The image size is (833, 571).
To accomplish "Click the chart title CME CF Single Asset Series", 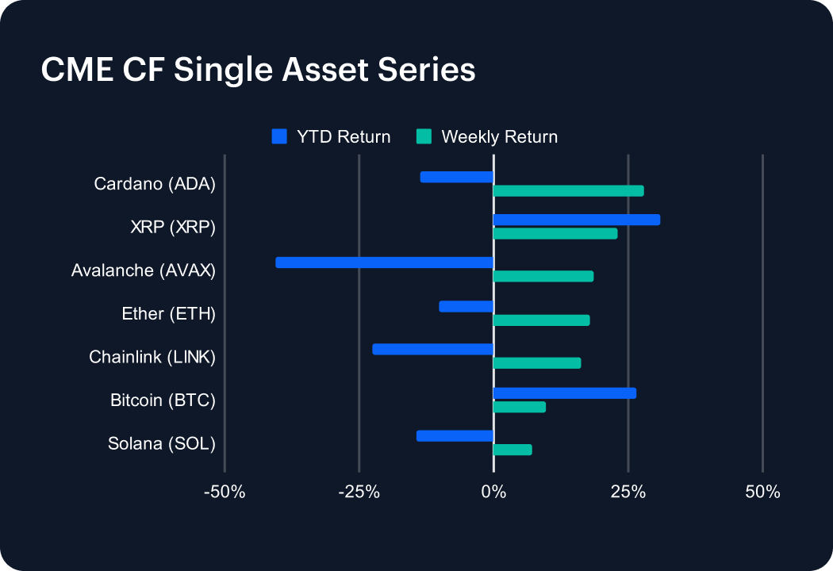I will click(x=258, y=70).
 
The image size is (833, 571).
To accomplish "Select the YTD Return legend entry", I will click(x=332, y=136).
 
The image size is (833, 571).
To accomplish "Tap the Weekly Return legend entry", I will click(x=488, y=136).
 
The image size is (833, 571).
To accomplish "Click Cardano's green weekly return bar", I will click(x=568, y=191).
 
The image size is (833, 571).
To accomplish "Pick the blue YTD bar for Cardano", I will click(x=457, y=177).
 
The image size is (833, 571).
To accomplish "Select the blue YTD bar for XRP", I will click(x=576, y=220).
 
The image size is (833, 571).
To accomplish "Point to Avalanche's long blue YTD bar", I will click(x=385, y=263).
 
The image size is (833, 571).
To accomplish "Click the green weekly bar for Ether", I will click(x=541, y=320).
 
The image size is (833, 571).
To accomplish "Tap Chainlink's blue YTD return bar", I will click(x=433, y=349).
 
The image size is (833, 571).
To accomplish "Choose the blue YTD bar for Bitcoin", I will click(x=564, y=393).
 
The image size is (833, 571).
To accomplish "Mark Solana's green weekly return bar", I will click(x=512, y=450).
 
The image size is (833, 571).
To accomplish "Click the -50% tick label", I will click(x=225, y=492).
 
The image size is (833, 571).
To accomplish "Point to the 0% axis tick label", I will click(x=493, y=492).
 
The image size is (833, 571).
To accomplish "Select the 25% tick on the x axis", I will click(x=628, y=492).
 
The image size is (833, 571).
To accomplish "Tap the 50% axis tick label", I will click(x=762, y=492).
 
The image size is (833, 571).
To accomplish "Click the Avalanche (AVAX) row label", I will click(x=144, y=270).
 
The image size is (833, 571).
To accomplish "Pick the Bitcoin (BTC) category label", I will click(x=163, y=400).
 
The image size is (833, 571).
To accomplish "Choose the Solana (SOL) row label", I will click(x=162, y=443).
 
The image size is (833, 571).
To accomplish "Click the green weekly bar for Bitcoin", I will click(x=520, y=407).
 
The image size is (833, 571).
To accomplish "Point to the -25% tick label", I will click(x=359, y=492).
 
